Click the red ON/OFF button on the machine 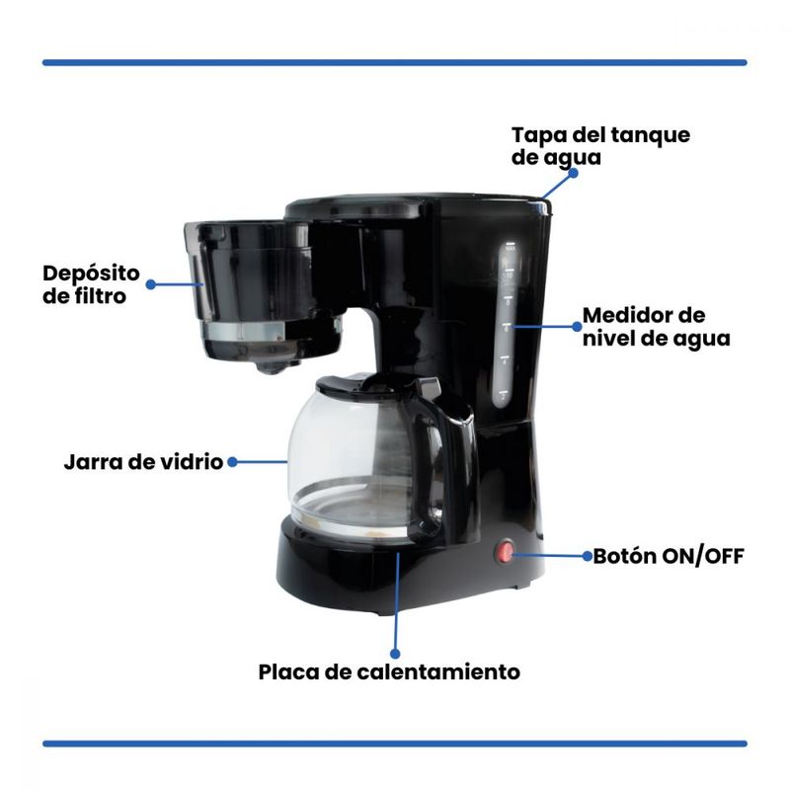click(505, 553)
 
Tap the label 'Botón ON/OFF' click(669, 557)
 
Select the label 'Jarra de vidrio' click(143, 462)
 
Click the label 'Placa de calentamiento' click(389, 672)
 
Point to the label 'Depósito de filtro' click(91, 284)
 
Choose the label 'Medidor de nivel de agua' click(657, 327)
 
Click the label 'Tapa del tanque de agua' click(600, 146)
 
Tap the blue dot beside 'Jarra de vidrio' click(232, 462)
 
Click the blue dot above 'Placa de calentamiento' click(395, 654)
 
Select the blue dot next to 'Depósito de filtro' click(151, 284)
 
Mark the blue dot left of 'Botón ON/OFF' click(588, 556)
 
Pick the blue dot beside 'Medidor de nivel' click(578, 327)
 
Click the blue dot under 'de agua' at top click(573, 173)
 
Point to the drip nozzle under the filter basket click(273, 366)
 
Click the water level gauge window click(506, 325)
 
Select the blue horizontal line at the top click(394, 63)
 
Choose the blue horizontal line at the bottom click(394, 744)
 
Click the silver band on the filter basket click(244, 331)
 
